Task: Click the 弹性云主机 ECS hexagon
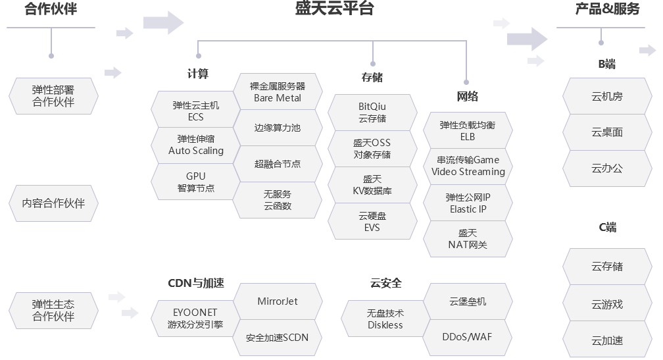[x=195, y=111]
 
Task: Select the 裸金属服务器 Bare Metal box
[x=277, y=92]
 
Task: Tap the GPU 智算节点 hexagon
[x=195, y=182]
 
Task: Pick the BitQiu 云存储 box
[x=372, y=113]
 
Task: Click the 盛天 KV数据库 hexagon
[x=372, y=185]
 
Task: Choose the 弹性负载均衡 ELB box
[x=468, y=130]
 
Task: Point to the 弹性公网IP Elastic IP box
[x=468, y=203]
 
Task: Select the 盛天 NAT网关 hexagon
[x=468, y=239]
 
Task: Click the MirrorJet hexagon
[x=277, y=301]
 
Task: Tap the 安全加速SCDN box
[x=277, y=338]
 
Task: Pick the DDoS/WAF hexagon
[x=468, y=337]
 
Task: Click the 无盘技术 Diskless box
[x=385, y=319]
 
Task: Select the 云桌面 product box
[x=606, y=132]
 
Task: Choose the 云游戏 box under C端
[x=606, y=304]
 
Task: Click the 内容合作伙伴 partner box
[x=53, y=203]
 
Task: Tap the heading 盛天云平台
[x=334, y=9]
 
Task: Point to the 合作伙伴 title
[x=51, y=9]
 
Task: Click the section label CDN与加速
[x=196, y=283]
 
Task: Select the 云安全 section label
[x=385, y=283]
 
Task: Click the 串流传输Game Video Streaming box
[x=468, y=166]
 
